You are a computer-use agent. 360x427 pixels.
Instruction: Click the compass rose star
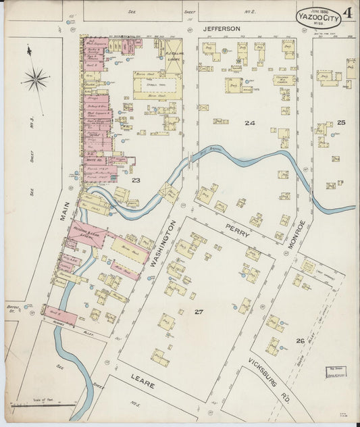35,80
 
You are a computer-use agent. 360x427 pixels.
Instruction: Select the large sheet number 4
346,12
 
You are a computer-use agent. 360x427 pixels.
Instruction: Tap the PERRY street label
238,230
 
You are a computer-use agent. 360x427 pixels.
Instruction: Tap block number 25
341,122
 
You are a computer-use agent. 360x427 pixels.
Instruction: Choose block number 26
299,340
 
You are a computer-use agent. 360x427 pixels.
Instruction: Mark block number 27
198,311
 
